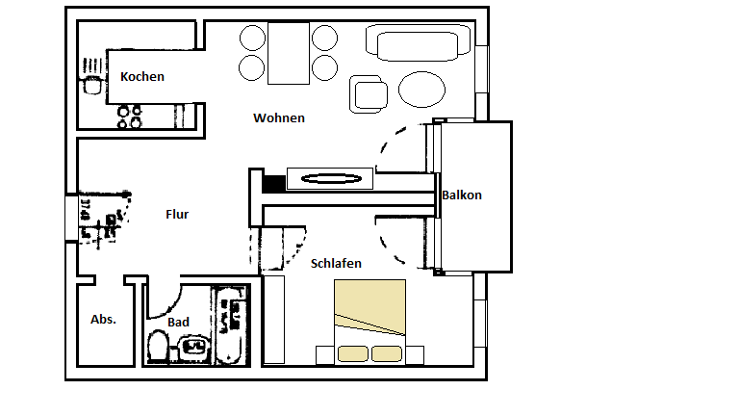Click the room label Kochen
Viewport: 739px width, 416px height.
(x=141, y=77)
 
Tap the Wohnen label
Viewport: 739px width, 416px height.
(x=279, y=118)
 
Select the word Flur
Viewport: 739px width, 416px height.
(x=177, y=215)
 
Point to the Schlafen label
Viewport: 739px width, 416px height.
(x=336, y=263)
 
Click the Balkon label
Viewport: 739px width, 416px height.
(x=462, y=195)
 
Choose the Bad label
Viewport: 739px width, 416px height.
(x=178, y=322)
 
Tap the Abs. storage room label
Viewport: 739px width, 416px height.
(x=103, y=319)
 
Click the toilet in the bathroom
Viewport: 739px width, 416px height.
(x=158, y=346)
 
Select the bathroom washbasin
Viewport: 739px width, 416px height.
(x=193, y=348)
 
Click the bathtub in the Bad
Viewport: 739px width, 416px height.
(x=229, y=325)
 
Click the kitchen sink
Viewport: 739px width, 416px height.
(x=93, y=83)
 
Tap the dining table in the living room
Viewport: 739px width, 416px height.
(x=288, y=52)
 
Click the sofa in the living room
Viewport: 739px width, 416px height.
(x=418, y=42)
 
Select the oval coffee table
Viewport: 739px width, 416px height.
(x=421, y=91)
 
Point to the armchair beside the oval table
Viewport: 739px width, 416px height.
(x=369, y=93)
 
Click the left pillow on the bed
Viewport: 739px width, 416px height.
(x=353, y=353)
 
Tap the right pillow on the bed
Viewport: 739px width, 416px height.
(x=388, y=353)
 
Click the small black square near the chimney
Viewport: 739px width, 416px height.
(x=273, y=181)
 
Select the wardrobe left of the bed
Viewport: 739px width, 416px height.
(x=273, y=320)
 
